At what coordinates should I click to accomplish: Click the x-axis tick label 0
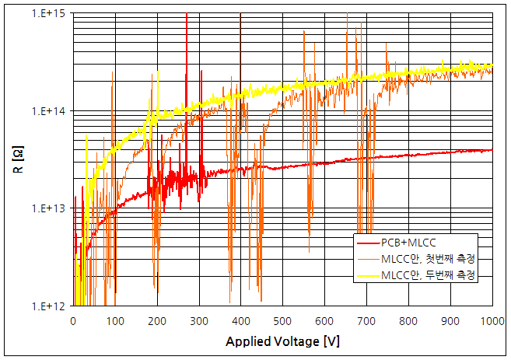click(x=73, y=320)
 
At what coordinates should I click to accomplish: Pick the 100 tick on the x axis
click(x=115, y=320)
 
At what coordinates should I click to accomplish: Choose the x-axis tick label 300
click(x=199, y=320)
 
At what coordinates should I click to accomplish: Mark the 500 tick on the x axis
click(x=282, y=320)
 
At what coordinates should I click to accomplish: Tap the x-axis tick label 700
click(x=366, y=320)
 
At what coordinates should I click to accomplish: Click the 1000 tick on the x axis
click(x=491, y=320)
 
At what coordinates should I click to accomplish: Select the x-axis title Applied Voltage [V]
click(x=282, y=342)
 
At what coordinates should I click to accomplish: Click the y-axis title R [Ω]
click(x=20, y=160)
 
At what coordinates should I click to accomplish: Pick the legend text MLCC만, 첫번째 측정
click(x=429, y=258)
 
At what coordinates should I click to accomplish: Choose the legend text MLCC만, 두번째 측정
click(x=429, y=275)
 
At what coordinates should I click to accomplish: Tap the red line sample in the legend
click(x=367, y=241)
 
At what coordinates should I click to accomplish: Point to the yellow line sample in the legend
click(x=367, y=275)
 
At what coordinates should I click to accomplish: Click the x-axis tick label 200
click(x=157, y=320)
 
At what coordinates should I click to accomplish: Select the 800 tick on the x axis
click(x=408, y=320)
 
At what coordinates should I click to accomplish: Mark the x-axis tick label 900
click(x=450, y=320)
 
